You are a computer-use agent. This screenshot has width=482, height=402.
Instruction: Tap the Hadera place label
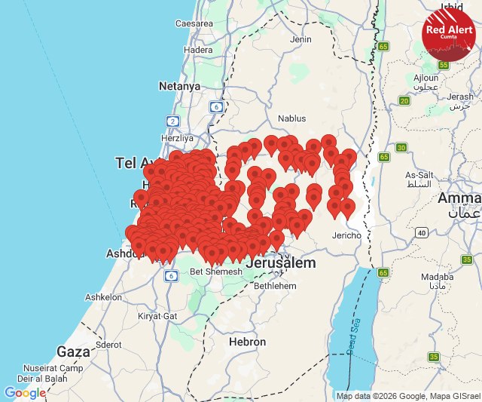(x=198, y=50)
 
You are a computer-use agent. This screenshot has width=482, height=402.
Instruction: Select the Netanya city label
(x=179, y=86)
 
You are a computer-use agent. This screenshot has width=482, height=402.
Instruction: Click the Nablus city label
(x=292, y=118)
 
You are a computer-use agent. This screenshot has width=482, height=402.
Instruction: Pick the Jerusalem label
(x=280, y=264)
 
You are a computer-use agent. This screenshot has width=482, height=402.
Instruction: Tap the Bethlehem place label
(x=276, y=287)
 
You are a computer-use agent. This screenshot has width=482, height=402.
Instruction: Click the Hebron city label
(x=247, y=342)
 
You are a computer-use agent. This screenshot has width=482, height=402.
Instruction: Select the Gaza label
(x=74, y=351)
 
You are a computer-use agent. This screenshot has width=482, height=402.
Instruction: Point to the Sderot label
(x=108, y=344)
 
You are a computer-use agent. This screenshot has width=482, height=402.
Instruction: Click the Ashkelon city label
(x=103, y=297)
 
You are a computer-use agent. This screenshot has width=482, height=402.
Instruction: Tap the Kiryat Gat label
(x=160, y=316)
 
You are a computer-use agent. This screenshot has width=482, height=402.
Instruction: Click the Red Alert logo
(x=448, y=34)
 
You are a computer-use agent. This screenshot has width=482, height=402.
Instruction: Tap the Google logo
(x=25, y=393)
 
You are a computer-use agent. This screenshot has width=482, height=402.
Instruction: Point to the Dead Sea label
(x=355, y=336)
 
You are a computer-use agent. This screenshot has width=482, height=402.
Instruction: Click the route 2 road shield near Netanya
(x=173, y=121)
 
